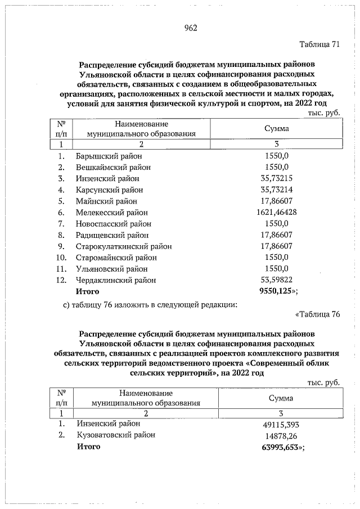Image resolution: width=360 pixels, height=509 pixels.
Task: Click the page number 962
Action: [x=190, y=28]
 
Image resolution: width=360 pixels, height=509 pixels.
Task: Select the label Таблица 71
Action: [x=318, y=44]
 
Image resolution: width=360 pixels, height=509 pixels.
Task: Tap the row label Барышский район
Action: [x=109, y=155]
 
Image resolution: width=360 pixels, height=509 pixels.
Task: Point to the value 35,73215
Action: [x=277, y=178]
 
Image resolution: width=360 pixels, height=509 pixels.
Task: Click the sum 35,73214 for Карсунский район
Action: [x=277, y=190]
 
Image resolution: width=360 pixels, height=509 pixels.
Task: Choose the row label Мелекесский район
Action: [x=112, y=212]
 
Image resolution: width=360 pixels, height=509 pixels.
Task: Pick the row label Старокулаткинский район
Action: [x=124, y=246]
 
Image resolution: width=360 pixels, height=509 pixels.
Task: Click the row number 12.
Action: [x=62, y=280]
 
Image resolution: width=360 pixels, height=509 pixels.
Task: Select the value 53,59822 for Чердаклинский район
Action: [x=277, y=280]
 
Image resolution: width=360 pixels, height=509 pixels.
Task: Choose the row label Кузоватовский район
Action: [x=115, y=435]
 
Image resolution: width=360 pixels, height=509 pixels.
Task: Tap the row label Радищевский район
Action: [x=112, y=235]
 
